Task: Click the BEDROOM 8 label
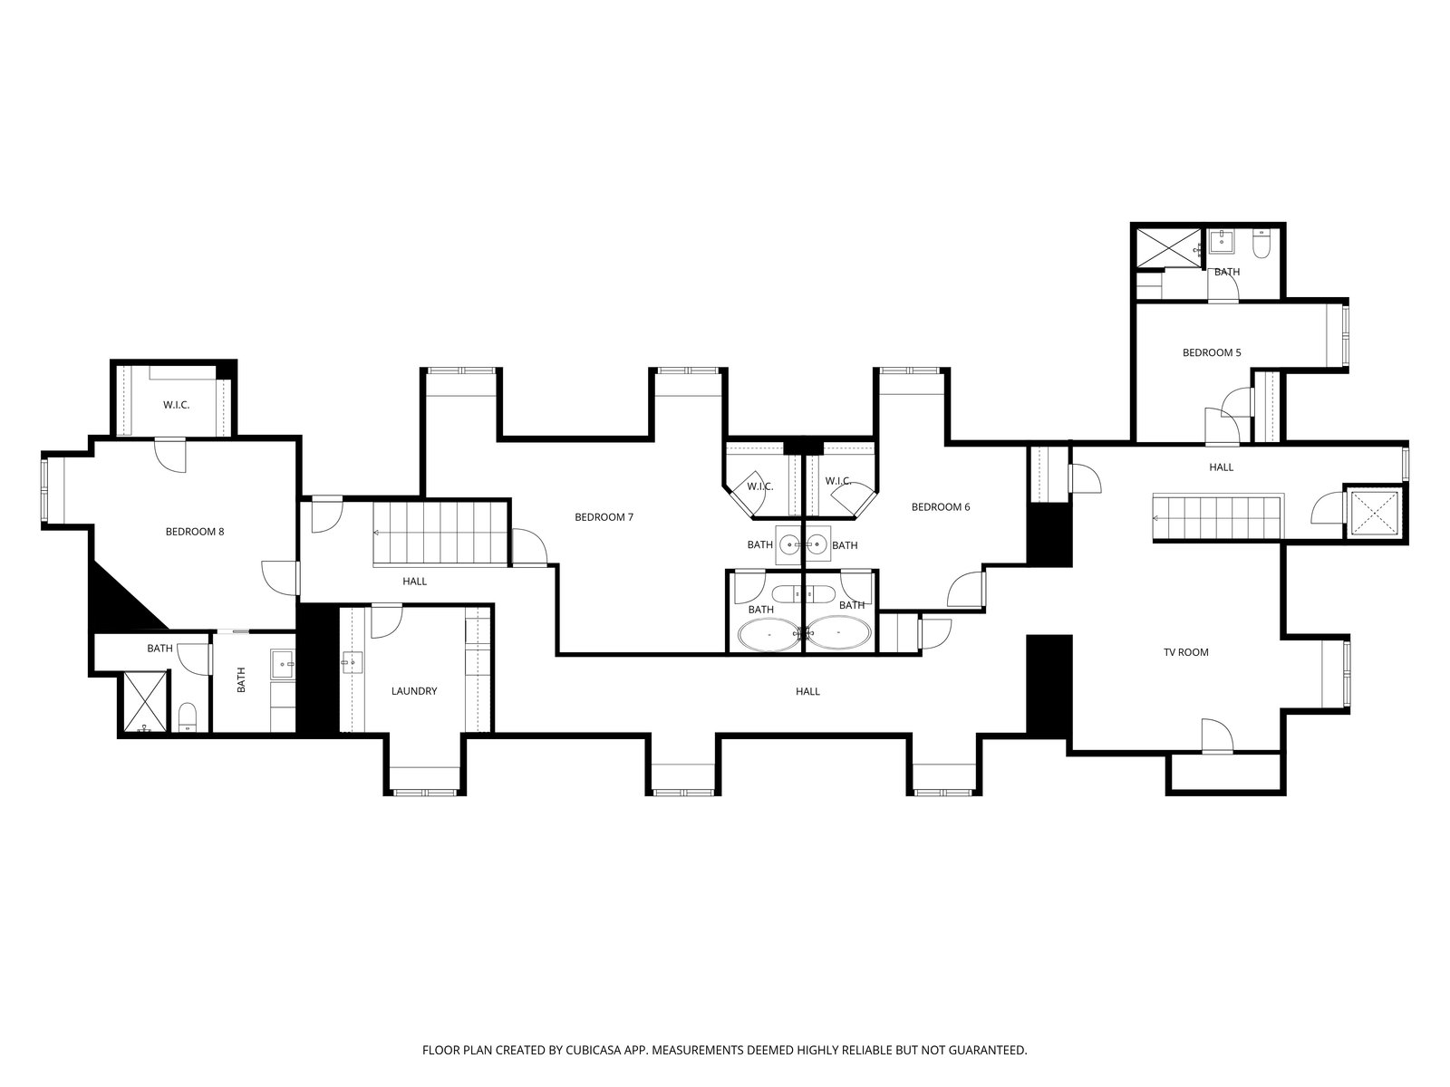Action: click(x=194, y=532)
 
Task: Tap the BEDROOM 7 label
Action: click(x=604, y=517)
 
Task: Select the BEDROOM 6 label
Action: click(x=941, y=507)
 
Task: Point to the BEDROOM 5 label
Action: click(x=1212, y=352)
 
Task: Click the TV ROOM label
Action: click(x=1185, y=652)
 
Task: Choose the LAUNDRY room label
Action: click(x=414, y=691)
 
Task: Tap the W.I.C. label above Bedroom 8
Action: click(x=177, y=405)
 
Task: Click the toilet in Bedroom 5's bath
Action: click(x=1261, y=244)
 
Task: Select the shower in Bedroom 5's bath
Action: click(x=1168, y=248)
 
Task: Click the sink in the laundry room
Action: click(x=353, y=662)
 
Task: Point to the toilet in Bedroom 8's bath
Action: click(x=188, y=717)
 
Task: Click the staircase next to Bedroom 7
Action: click(x=440, y=534)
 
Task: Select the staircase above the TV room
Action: click(x=1217, y=517)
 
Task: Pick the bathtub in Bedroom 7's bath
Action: click(x=768, y=634)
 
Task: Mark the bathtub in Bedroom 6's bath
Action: click(x=839, y=633)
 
